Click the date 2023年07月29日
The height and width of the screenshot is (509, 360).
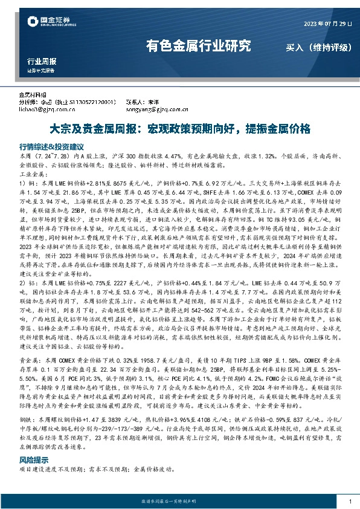[318, 24]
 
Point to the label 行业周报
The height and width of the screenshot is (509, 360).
[42, 62]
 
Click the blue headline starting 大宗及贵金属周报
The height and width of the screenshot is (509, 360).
[179, 129]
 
